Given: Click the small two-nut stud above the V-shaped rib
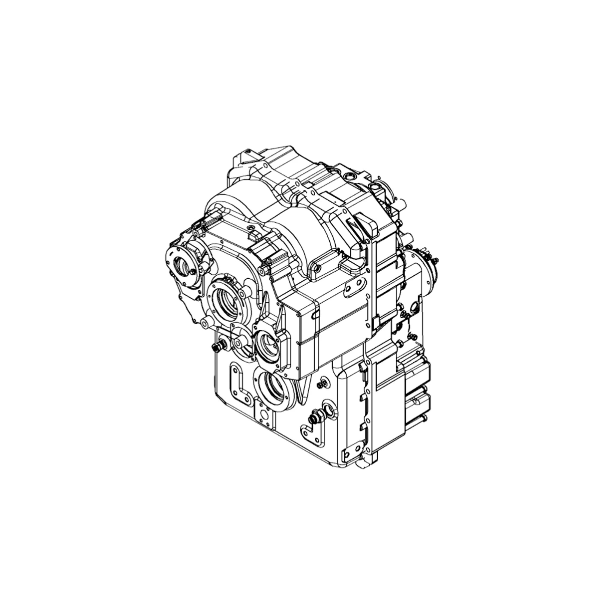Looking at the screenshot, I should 321,383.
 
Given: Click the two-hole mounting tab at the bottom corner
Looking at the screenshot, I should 352,457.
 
